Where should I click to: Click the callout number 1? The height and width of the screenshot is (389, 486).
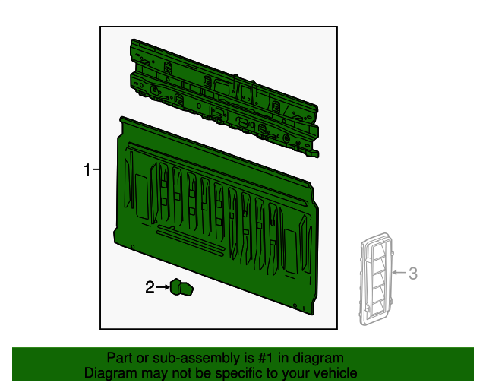(x=87, y=169)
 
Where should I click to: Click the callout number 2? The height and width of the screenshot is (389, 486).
(x=150, y=287)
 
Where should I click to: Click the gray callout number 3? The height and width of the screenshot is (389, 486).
(x=413, y=274)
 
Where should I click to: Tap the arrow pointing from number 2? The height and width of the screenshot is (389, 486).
(x=163, y=287)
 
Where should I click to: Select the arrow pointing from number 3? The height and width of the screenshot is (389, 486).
(x=399, y=272)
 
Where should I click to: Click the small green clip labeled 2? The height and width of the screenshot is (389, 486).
(x=181, y=287)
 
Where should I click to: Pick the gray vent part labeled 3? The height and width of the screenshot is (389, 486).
(x=377, y=279)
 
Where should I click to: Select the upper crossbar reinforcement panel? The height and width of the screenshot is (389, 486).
(x=225, y=98)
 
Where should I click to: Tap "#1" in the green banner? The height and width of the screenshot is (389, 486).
(x=265, y=358)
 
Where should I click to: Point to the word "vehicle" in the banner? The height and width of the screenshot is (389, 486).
(x=336, y=373)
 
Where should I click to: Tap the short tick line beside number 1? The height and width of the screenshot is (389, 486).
(x=96, y=169)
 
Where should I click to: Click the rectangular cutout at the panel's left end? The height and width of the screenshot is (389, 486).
(x=142, y=197)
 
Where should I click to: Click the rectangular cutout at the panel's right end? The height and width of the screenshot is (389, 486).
(x=291, y=251)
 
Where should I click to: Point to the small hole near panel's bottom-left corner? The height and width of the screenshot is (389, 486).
(x=133, y=247)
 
